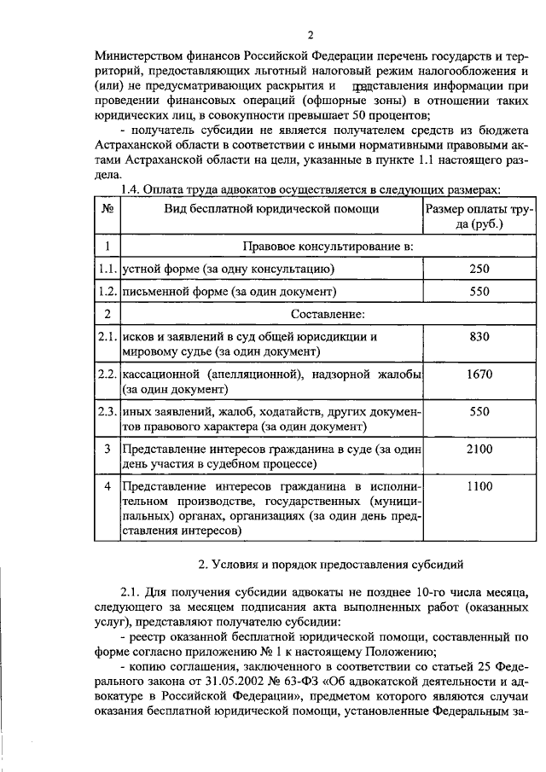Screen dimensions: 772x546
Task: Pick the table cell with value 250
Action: coord(479,269)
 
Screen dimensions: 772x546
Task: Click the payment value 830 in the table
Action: coord(479,337)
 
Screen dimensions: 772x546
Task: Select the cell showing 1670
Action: coord(479,374)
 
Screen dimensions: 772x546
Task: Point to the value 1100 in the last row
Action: coord(479,486)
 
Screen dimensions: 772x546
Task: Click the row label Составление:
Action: coord(328,314)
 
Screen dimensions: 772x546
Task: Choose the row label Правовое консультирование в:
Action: coord(328,247)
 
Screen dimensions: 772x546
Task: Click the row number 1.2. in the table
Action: coord(107,292)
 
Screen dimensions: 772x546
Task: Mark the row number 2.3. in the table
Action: coord(107,412)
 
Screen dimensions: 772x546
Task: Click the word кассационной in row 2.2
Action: coord(162,374)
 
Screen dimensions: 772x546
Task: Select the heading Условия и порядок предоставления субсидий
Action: coord(330,565)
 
